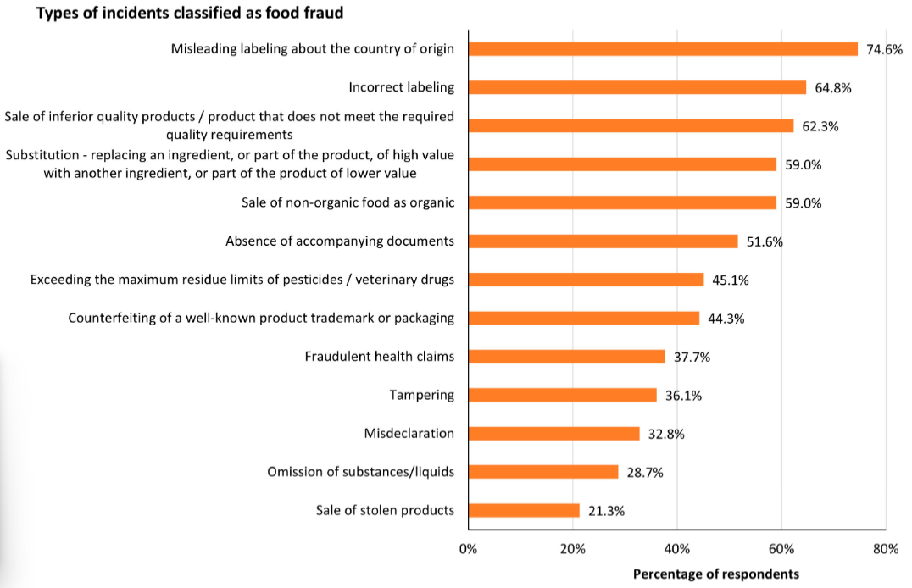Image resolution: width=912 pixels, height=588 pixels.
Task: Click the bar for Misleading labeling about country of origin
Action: (x=663, y=49)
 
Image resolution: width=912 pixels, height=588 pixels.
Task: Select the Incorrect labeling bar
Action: (x=637, y=87)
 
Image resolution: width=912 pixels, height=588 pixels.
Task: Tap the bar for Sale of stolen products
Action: (x=524, y=510)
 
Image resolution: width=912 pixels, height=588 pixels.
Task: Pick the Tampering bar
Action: (x=563, y=395)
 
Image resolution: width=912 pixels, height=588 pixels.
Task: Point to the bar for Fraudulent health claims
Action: (x=566, y=357)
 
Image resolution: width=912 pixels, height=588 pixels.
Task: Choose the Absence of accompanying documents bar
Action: (x=603, y=241)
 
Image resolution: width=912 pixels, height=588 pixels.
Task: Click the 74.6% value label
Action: (x=884, y=49)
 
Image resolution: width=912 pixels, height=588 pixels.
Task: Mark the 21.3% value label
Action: (x=606, y=511)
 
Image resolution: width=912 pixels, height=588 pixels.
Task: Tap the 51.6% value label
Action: (x=765, y=242)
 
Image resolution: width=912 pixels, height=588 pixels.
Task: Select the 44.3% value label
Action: (x=726, y=319)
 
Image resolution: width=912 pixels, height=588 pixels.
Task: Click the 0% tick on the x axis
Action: (x=468, y=549)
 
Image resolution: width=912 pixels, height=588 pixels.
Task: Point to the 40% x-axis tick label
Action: (x=677, y=549)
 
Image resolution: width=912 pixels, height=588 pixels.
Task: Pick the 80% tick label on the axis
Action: (x=886, y=549)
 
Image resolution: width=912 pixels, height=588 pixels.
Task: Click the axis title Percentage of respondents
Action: (x=716, y=574)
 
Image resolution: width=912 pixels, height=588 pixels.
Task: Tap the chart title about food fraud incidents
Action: (x=190, y=13)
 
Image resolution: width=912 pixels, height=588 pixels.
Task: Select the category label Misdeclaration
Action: (x=409, y=433)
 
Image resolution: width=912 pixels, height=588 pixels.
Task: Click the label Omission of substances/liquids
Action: (x=360, y=472)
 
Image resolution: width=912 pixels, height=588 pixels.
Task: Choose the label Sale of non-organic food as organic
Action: (x=348, y=202)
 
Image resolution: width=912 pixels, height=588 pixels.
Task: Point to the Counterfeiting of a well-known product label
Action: (x=261, y=318)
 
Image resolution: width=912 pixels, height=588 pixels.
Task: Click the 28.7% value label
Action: (x=644, y=472)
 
